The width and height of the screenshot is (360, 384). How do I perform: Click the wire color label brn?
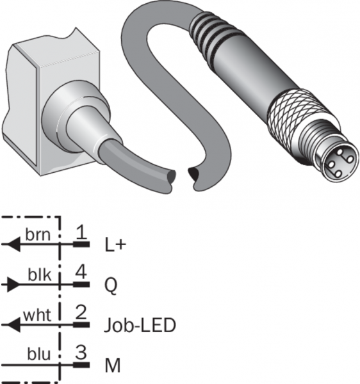click(x=38, y=235)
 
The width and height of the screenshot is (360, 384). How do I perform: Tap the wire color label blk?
click(x=40, y=275)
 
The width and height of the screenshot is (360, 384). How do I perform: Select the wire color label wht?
click(x=37, y=315)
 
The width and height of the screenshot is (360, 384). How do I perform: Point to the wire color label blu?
click(x=38, y=354)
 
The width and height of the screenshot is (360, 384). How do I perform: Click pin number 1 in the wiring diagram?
click(x=81, y=232)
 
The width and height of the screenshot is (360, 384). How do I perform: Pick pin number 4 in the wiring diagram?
click(x=81, y=272)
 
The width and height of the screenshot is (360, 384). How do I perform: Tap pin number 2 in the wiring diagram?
click(x=81, y=312)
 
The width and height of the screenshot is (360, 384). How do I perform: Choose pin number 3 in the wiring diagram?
click(x=81, y=352)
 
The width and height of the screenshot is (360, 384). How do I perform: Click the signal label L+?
click(x=115, y=244)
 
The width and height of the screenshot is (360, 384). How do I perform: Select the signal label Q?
click(x=111, y=286)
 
